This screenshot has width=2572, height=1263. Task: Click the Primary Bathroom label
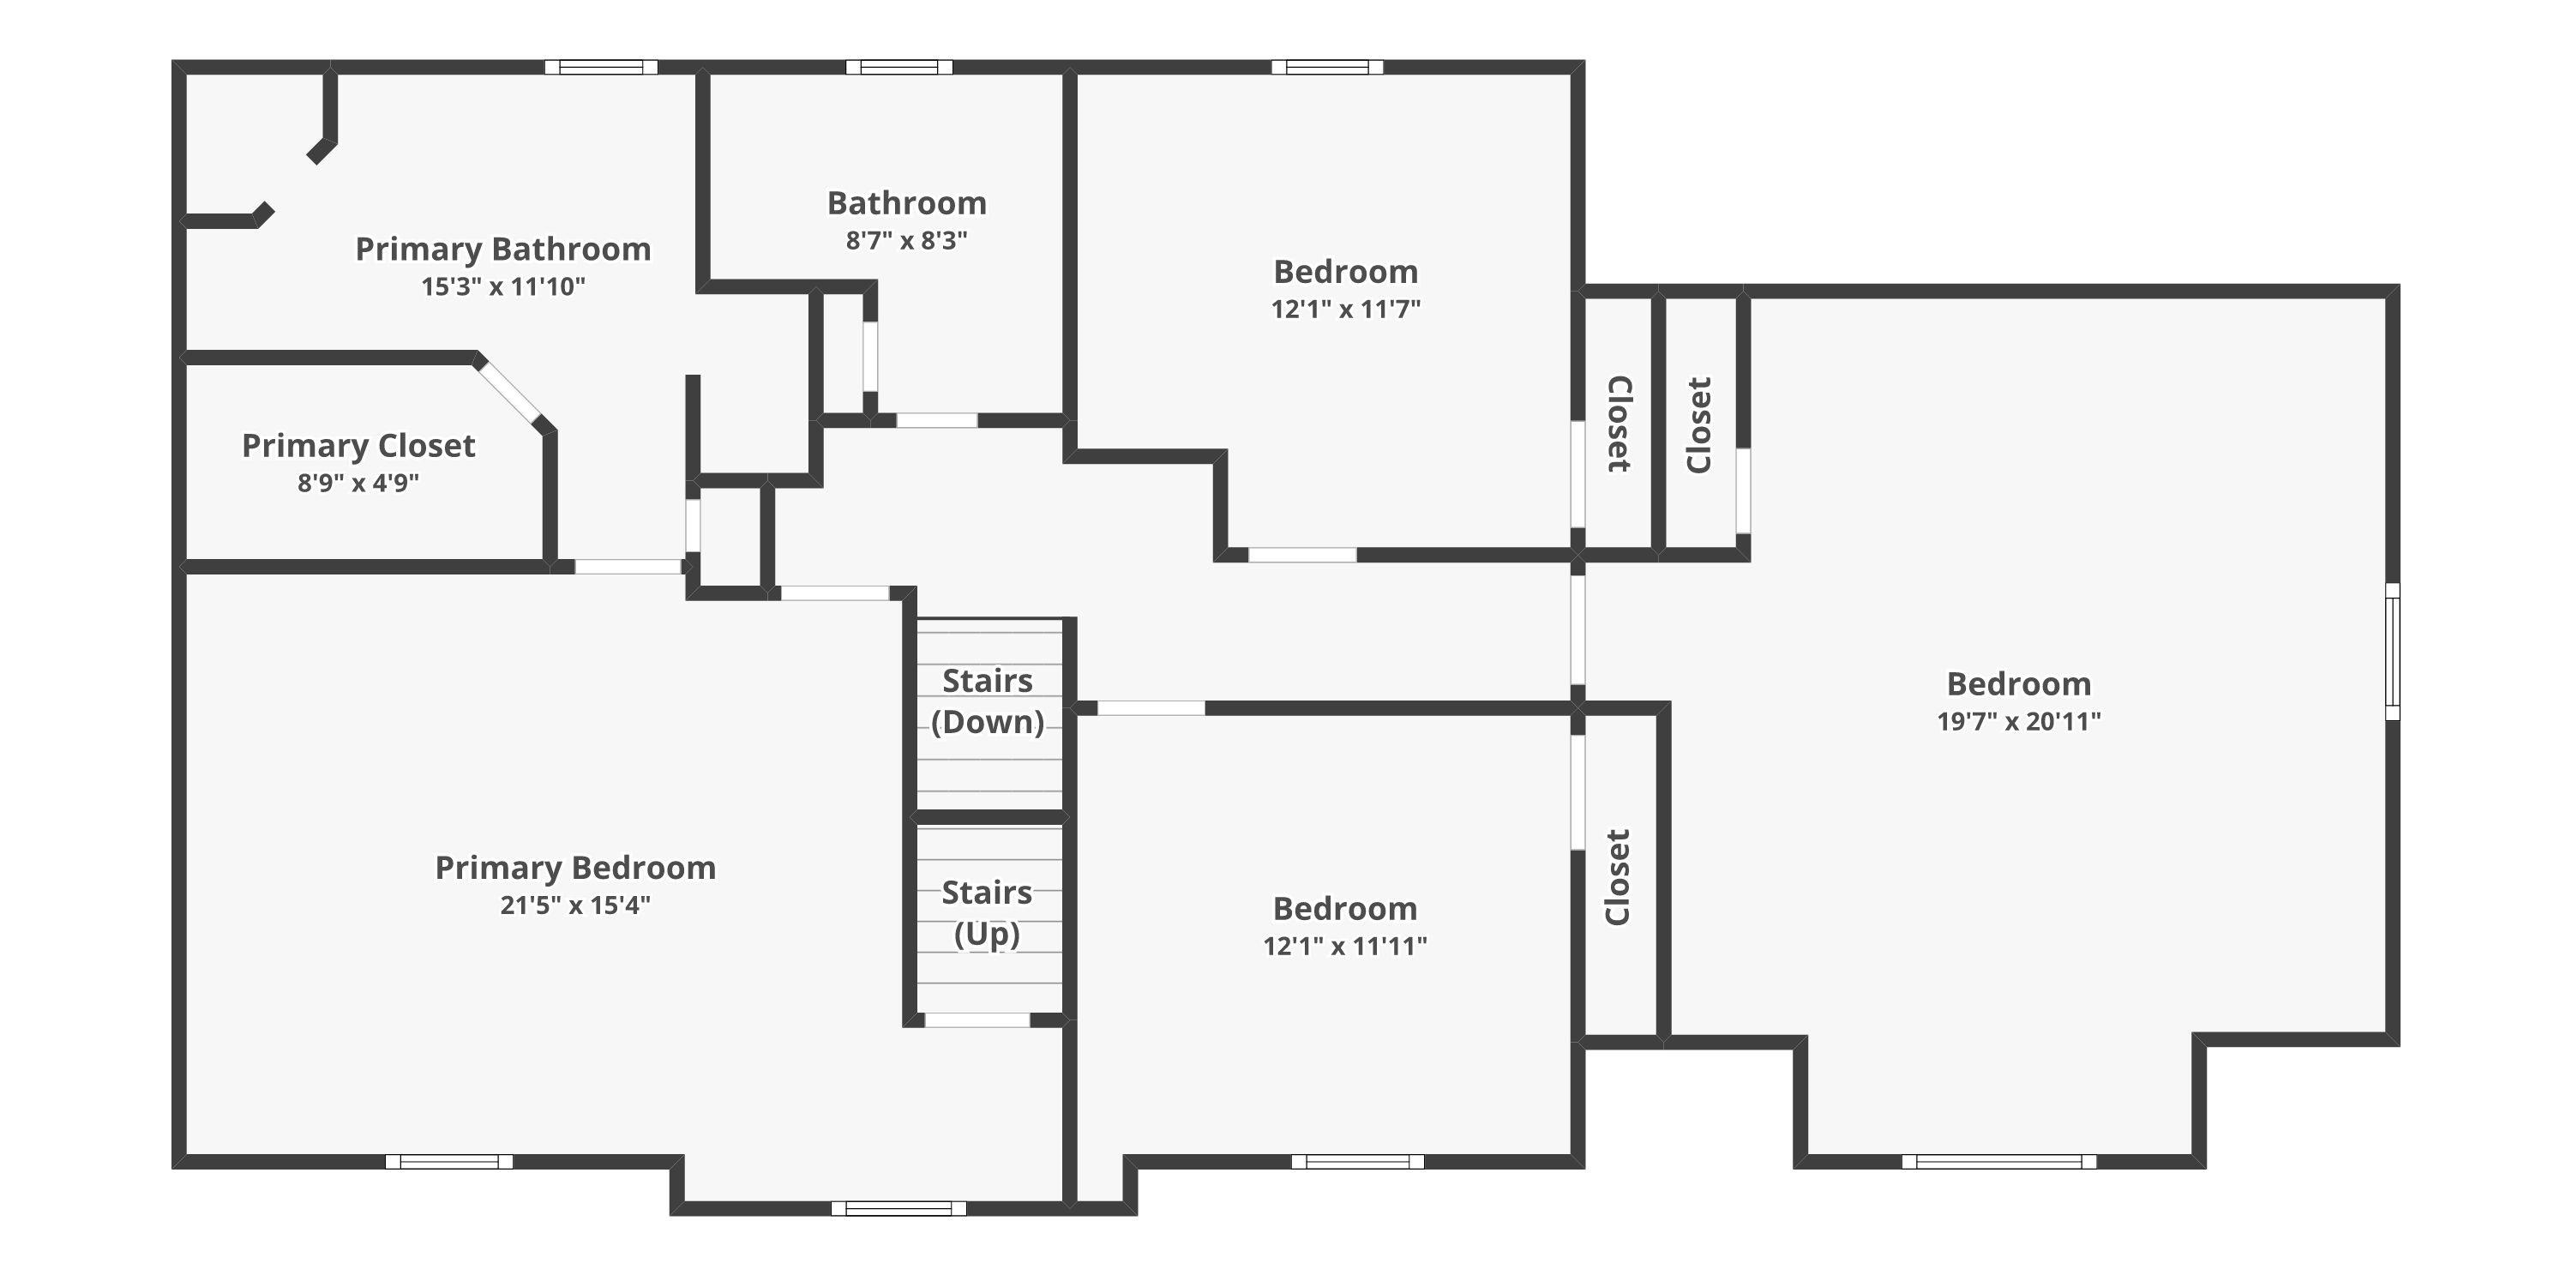[x=503, y=249]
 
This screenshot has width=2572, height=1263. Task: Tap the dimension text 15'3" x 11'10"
[x=503, y=286]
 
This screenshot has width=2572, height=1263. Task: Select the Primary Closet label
[x=358, y=445]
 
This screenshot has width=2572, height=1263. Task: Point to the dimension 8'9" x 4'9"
[x=358, y=484]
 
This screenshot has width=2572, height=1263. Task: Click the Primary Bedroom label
[x=575, y=868]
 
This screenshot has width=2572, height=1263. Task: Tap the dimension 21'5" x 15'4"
[x=575, y=905]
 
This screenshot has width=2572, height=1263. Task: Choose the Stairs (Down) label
[x=988, y=701]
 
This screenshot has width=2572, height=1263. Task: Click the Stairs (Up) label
[x=988, y=912]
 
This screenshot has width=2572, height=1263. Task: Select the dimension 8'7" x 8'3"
[x=906, y=241]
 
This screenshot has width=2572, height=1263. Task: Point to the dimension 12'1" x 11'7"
[x=1346, y=310]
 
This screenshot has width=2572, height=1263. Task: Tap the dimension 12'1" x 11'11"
[x=1345, y=947]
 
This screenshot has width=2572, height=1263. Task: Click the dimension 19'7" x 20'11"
[x=2019, y=722]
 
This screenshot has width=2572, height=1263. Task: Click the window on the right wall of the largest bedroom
[x=2392, y=651]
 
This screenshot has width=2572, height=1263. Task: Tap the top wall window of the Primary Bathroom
[x=601, y=67]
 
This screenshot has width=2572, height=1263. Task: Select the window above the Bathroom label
[x=898, y=67]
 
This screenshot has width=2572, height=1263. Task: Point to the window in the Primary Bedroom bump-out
[x=898, y=1208]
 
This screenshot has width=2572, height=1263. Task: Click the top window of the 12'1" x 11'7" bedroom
[x=1327, y=67]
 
